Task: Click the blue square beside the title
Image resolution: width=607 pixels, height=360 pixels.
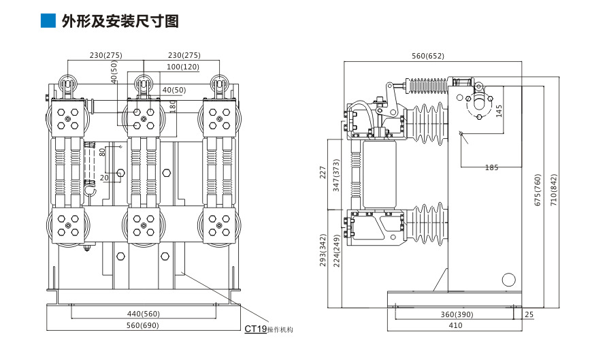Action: point(48,21)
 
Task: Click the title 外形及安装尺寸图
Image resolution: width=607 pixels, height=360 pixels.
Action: point(120,21)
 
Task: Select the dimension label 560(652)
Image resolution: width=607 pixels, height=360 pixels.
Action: point(427,56)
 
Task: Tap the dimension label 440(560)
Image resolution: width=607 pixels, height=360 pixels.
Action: point(144,314)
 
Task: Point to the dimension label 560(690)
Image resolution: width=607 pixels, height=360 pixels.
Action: point(144,325)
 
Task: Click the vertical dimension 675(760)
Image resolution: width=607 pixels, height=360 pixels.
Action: point(538,191)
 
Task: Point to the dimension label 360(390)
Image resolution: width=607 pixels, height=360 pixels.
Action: point(455,314)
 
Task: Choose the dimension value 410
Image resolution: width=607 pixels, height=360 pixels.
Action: point(455,325)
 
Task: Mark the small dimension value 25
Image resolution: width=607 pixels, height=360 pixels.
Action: point(529,314)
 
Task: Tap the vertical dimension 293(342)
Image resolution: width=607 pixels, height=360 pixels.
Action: point(323,251)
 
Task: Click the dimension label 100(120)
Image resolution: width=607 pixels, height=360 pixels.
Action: point(182,67)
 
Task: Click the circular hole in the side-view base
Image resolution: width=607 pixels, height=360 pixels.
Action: point(508,280)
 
